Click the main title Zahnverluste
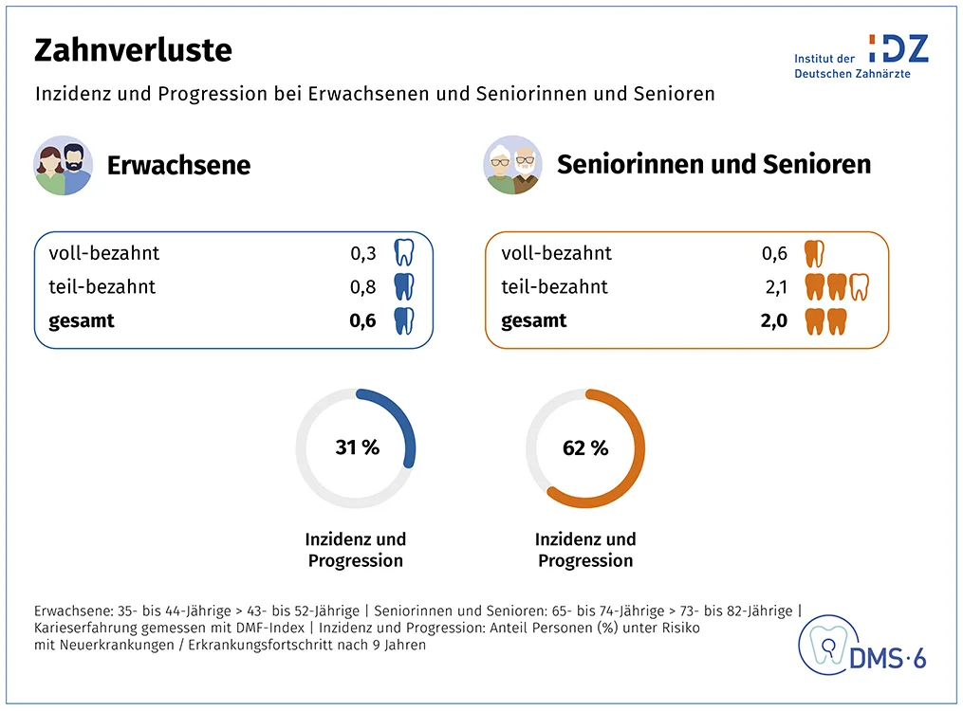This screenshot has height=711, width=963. [133, 50]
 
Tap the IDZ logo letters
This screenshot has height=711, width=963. [898, 49]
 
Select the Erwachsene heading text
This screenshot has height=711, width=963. [178, 165]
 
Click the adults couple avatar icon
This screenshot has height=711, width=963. [64, 165]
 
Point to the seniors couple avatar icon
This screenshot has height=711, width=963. [513, 165]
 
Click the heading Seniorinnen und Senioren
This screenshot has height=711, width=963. [713, 164]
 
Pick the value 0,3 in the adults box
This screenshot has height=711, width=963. [362, 253]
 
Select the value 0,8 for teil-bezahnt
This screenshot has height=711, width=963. [362, 286]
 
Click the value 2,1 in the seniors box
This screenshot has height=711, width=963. [774, 286]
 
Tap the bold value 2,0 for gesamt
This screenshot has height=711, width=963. [774, 320]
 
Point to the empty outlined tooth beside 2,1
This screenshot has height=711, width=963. [860, 286]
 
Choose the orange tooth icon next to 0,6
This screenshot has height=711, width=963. [814, 253]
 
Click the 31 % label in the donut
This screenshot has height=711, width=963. [357, 447]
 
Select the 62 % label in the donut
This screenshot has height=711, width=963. [585, 447]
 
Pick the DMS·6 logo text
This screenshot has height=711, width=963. [890, 659]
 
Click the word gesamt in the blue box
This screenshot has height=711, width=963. [82, 320]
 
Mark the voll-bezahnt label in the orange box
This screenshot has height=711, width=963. [556, 253]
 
